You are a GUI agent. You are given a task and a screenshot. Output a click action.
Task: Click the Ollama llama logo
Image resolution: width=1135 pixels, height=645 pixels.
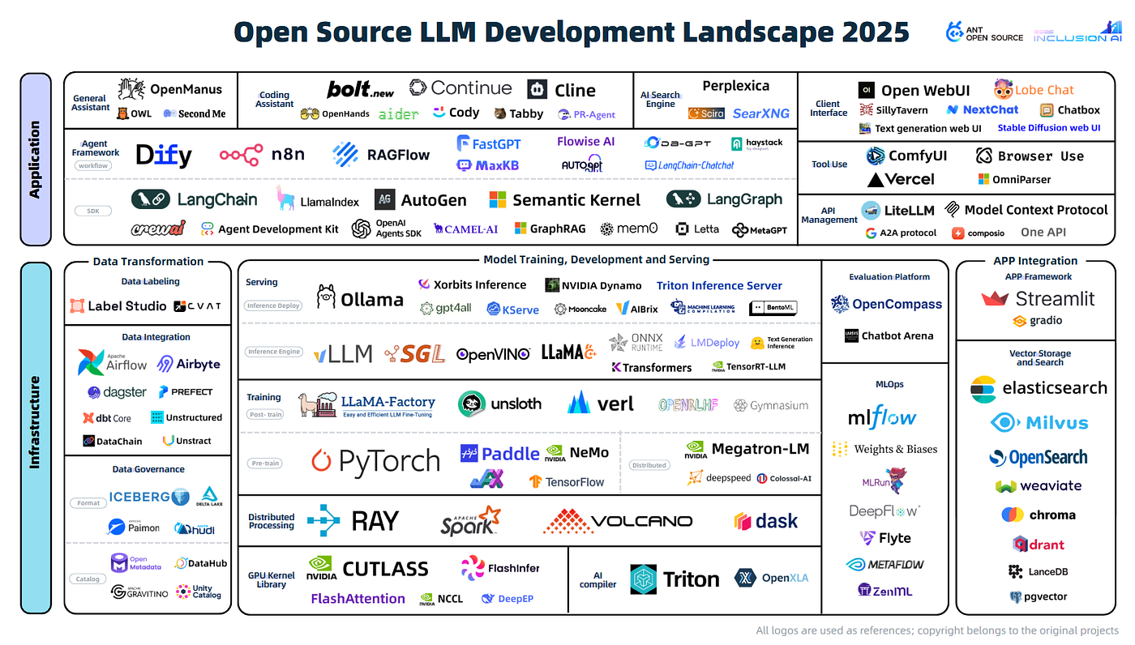326,297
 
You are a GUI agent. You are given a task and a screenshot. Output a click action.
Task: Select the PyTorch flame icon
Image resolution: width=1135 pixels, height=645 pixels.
322,461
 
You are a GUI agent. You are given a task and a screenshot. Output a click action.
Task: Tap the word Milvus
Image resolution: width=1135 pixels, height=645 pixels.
1057,422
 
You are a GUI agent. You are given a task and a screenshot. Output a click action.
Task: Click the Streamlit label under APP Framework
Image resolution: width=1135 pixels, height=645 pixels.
1055,298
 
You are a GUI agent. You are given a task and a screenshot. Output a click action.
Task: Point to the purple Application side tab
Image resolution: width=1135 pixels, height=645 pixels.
35,159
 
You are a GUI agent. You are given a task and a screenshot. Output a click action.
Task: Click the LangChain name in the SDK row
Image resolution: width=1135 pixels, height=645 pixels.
216,199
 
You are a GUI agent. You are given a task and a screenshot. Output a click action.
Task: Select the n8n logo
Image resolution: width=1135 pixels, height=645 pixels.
241,154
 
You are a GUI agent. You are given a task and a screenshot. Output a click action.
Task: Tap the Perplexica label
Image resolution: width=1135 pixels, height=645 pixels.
735,86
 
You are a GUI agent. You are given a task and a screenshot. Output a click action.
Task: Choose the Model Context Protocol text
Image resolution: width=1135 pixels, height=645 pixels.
1035,210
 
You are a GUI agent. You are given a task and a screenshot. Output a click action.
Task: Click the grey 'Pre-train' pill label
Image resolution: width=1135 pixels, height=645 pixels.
265,463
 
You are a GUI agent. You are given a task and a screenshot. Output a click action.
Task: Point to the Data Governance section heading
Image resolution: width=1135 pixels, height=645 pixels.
148,469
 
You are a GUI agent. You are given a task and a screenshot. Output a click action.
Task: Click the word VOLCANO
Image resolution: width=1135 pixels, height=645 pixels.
642,521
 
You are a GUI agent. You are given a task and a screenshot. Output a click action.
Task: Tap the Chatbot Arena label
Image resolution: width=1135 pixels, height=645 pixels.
897,335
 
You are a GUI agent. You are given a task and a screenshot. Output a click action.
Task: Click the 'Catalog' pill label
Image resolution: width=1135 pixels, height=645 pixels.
88,579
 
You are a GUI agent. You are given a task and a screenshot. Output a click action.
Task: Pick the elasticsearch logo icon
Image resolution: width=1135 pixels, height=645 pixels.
983,389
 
